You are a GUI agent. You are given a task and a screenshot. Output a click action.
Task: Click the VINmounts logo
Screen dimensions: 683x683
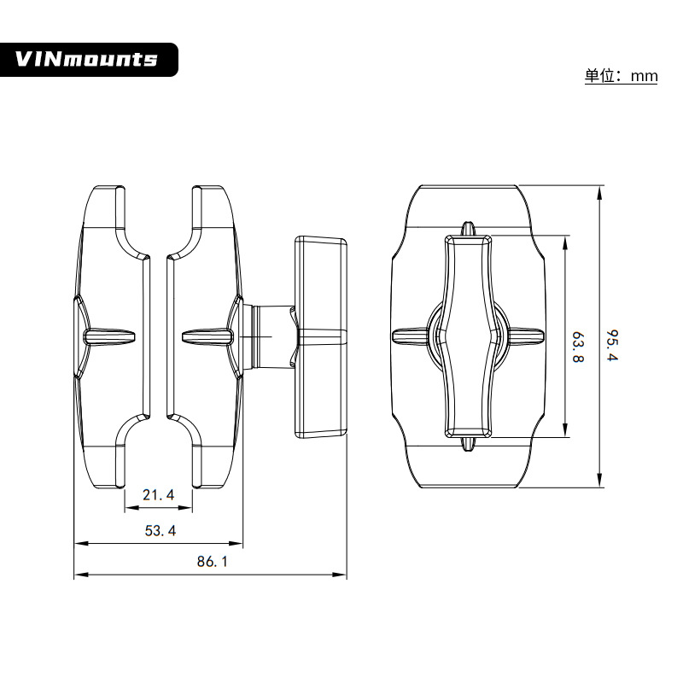(x=89, y=60)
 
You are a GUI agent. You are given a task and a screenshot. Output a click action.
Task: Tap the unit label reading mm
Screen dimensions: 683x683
(x=644, y=77)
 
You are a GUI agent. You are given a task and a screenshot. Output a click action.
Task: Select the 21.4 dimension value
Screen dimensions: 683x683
(x=159, y=495)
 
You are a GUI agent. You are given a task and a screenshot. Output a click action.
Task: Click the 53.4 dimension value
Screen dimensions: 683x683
(x=161, y=530)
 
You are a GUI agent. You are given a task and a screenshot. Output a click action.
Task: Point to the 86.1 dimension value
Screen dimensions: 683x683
(x=212, y=562)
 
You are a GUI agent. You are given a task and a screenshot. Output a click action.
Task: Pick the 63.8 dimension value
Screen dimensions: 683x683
(x=578, y=347)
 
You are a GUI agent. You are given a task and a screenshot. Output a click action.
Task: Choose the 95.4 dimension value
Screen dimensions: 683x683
(x=613, y=346)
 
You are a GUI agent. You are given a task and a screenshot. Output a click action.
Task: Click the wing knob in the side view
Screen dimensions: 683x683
(x=321, y=336)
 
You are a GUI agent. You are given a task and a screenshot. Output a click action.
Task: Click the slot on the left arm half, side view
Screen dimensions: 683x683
(x=110, y=336)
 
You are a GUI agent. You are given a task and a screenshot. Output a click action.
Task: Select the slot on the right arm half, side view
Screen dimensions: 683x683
(x=207, y=336)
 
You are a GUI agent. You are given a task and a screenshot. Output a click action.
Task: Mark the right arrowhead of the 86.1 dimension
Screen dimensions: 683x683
(x=339, y=575)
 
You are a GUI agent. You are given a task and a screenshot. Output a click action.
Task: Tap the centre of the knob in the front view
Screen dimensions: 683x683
(x=468, y=336)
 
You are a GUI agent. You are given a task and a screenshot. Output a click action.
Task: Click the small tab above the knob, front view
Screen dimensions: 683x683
(x=468, y=229)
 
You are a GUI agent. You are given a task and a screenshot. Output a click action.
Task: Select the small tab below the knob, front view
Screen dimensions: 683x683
(x=468, y=444)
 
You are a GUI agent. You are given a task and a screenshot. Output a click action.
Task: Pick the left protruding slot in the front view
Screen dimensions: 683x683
(x=410, y=336)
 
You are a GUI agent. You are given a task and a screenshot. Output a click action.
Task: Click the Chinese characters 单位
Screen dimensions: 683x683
(x=599, y=76)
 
